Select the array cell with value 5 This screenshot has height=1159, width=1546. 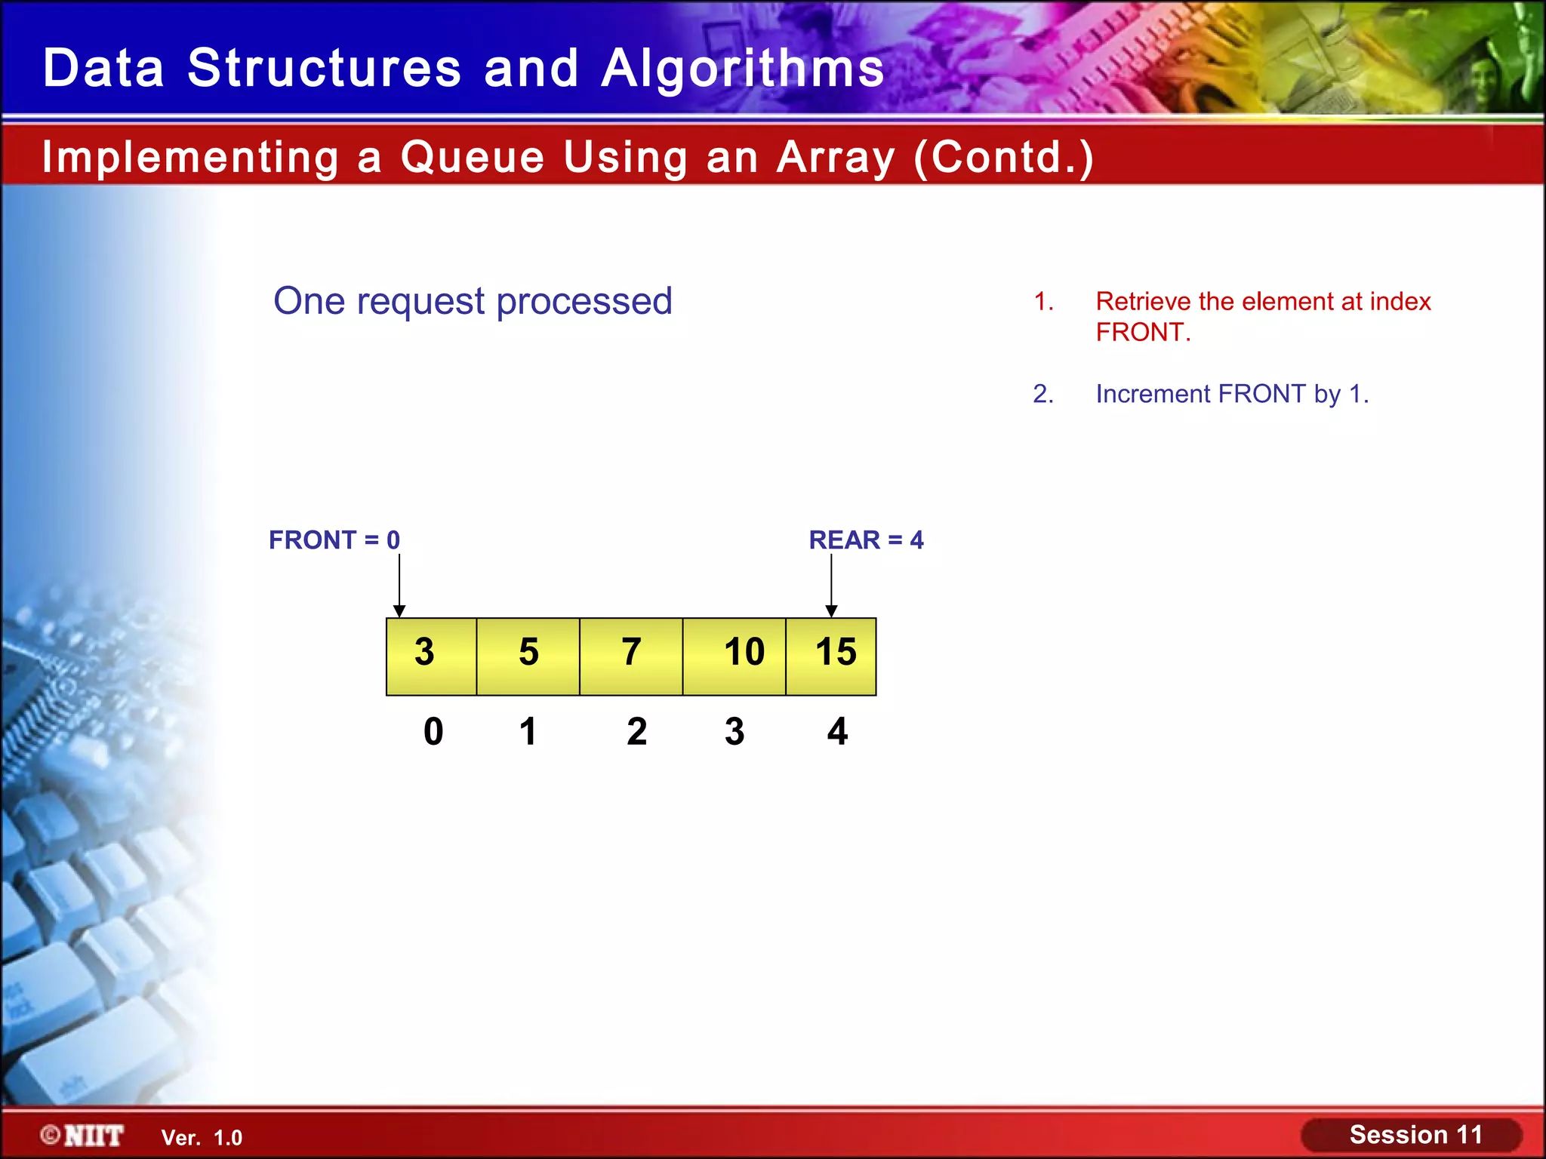pos(528,656)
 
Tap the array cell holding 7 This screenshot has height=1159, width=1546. pos(631,656)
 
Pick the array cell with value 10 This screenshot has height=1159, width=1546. pos(735,656)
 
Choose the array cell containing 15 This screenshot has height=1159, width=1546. pos(831,656)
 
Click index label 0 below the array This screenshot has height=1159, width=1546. pos(433,731)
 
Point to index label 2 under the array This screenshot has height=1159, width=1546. pos(636,731)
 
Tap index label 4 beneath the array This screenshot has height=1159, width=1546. pos(837,731)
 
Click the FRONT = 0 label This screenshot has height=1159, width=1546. pos(334,540)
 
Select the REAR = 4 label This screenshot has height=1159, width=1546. pos(866,540)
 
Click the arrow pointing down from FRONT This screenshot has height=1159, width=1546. pos(399,586)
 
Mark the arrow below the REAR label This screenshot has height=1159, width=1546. pos(831,586)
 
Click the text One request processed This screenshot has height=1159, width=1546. pos(473,301)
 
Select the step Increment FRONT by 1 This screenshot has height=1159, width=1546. pos(1231,394)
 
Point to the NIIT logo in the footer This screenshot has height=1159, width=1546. pos(83,1135)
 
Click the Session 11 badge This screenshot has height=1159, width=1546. pos(1414,1135)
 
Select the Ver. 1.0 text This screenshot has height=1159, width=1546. pos(202,1138)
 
